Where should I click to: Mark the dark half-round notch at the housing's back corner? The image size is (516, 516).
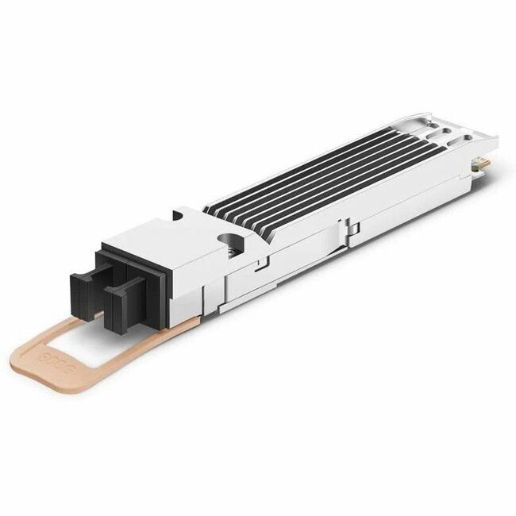178,215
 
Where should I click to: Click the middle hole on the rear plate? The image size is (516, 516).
447,129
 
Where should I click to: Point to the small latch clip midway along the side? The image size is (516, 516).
352,229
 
